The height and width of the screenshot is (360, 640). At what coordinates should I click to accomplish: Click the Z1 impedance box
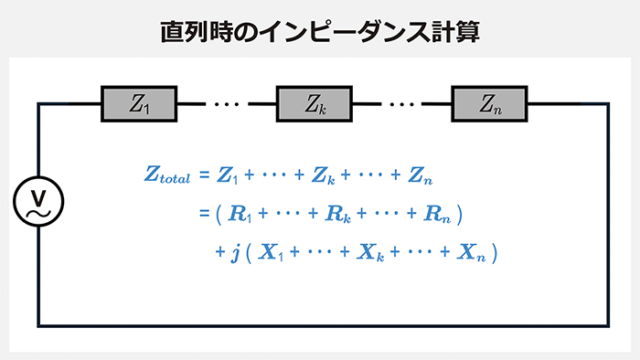pyautogui.click(x=139, y=104)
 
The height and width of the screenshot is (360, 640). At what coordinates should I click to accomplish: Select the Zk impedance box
pyautogui.click(x=315, y=104)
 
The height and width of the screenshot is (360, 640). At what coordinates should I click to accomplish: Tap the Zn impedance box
pyautogui.click(x=489, y=104)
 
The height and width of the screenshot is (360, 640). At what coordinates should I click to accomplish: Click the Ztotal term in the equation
pyautogui.click(x=167, y=176)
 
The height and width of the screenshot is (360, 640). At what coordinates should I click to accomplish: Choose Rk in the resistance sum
pyautogui.click(x=336, y=216)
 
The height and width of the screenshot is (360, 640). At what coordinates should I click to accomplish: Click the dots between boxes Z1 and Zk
pyautogui.click(x=225, y=104)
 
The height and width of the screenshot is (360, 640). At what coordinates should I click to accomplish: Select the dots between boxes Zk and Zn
pyautogui.click(x=401, y=104)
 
